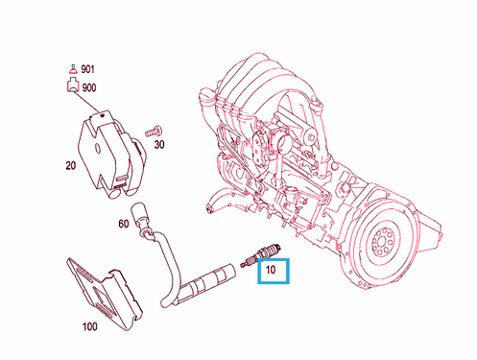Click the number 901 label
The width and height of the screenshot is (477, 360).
coord(88,70)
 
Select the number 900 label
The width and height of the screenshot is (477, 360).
coord(88,86)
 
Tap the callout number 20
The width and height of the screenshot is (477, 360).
coord(70,165)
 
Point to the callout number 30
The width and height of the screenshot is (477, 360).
coord(159,145)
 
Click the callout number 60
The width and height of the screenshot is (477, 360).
coord(123,224)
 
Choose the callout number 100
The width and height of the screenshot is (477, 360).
coord(89,326)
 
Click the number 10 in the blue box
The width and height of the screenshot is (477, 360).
coord(272,272)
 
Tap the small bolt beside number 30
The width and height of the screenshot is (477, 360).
coord(153,129)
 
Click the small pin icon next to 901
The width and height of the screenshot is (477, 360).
coord(71,69)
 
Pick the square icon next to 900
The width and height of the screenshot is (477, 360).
coord(71,86)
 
